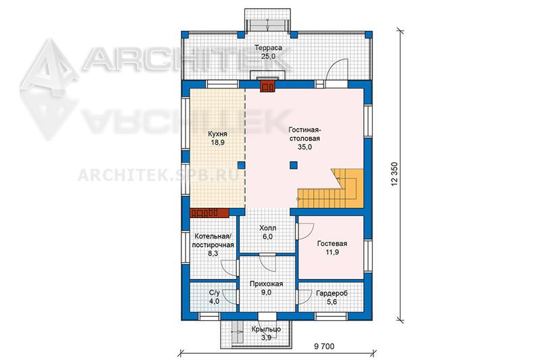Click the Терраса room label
(268, 47)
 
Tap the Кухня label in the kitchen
(217, 134)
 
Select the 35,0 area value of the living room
(304, 147)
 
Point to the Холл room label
(267, 228)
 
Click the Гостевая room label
(332, 244)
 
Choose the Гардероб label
(331, 293)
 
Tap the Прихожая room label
(266, 284)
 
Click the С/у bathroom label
(214, 292)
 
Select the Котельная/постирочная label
(213, 240)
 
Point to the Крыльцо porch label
(266, 329)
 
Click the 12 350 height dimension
(394, 174)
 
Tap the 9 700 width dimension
(324, 346)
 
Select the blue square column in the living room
(293, 165)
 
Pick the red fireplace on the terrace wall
(267, 86)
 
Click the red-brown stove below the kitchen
(209, 213)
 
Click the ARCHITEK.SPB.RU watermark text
(159, 176)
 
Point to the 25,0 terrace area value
(268, 56)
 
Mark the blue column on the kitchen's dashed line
(242, 165)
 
